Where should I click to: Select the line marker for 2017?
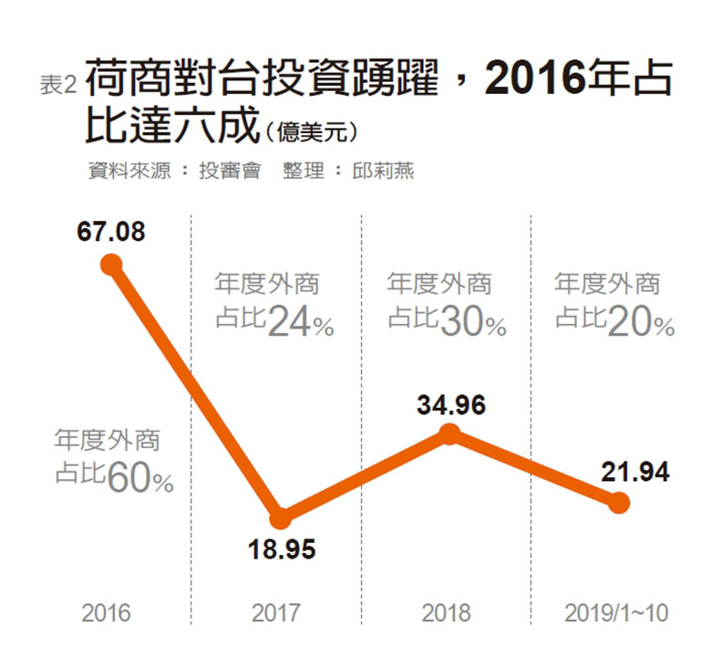[282, 517]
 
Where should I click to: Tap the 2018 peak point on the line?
[449, 434]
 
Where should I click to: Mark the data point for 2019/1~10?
[619, 503]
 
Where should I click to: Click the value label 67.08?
[111, 232]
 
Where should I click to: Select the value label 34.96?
[451, 403]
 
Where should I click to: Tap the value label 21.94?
[635, 472]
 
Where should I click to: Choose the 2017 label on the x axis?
[275, 612]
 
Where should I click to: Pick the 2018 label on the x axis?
[446, 612]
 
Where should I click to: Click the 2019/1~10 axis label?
[616, 612]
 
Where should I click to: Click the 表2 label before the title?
[57, 85]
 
